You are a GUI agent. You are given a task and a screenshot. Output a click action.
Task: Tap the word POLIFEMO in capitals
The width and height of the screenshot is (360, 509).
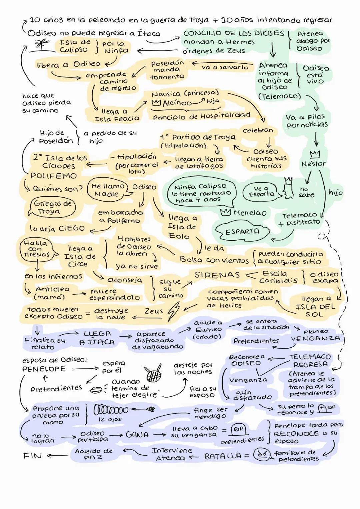tap(53, 176)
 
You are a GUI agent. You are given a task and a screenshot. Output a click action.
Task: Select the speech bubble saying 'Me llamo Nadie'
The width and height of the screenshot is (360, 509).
tap(107, 190)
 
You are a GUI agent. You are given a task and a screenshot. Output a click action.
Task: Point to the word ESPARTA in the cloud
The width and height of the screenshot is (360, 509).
tap(242, 231)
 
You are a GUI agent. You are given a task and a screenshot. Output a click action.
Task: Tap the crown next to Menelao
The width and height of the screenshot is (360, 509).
tap(226, 212)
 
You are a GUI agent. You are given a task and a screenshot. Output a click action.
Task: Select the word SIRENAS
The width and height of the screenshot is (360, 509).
tap(217, 275)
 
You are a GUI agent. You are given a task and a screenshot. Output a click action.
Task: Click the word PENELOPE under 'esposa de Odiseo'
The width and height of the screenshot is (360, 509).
tap(44, 369)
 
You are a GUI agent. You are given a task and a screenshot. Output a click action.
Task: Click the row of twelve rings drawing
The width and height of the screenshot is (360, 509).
tap(111, 409)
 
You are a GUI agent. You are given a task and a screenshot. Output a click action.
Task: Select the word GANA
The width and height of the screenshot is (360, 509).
tap(137, 435)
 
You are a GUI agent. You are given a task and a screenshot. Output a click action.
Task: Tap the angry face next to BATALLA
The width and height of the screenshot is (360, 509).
tap(260, 455)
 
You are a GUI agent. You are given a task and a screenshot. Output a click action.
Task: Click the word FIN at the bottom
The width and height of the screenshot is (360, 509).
tap(32, 456)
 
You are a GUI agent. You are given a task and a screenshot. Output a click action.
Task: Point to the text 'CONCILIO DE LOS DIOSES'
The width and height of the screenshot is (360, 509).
tap(233, 33)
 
